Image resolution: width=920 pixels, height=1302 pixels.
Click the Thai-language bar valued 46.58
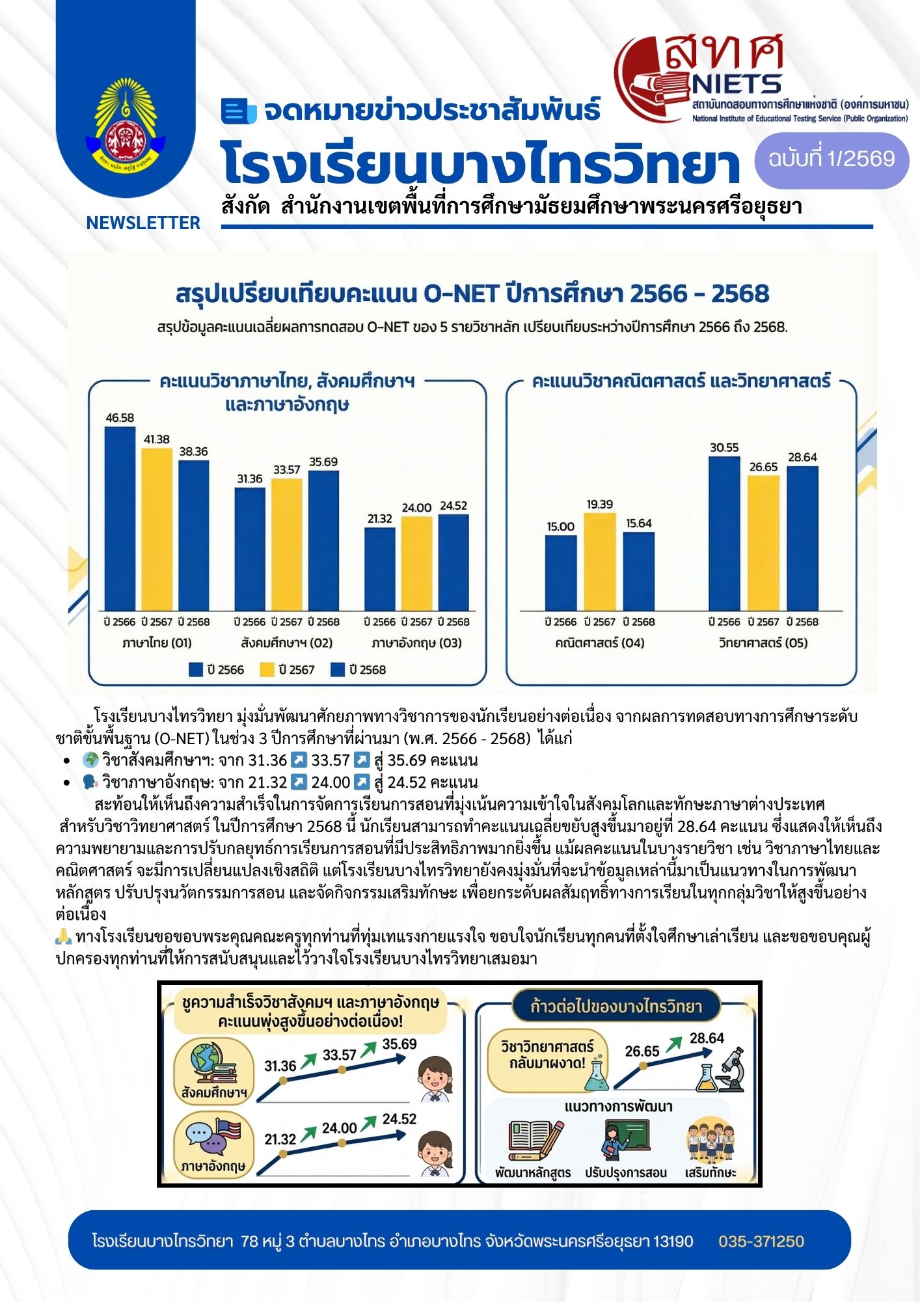[x=120, y=518]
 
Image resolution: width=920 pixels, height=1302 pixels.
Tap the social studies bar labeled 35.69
[x=323, y=540]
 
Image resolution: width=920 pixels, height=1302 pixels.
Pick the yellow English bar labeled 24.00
[x=416, y=563]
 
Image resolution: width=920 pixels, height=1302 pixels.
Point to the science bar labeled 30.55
[x=724, y=533]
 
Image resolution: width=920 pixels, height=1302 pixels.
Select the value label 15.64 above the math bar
[x=639, y=523]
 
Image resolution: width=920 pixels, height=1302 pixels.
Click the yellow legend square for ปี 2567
[x=267, y=670]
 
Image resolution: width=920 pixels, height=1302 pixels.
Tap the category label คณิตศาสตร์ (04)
[x=599, y=643]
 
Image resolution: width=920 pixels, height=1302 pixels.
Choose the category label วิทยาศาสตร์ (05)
[x=763, y=643]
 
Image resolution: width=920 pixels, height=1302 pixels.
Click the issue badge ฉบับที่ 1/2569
[x=832, y=159]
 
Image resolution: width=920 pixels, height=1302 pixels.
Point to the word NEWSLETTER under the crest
[x=143, y=223]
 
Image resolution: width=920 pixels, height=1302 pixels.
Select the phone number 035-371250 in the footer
[x=761, y=1241]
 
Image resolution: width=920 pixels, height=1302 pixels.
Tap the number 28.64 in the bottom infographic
[x=707, y=1038]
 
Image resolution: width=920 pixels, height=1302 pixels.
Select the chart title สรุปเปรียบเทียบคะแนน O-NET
[x=472, y=294]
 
